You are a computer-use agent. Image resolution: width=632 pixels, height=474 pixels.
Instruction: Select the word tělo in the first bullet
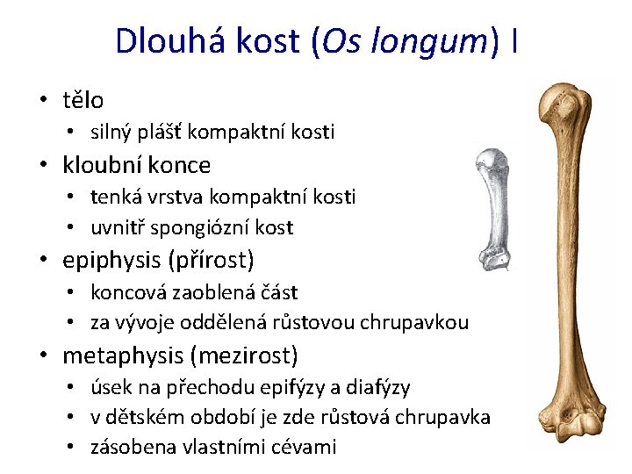click(83, 100)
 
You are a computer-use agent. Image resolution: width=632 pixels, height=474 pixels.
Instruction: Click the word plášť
click(154, 133)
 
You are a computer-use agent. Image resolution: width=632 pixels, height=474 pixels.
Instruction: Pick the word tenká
click(118, 196)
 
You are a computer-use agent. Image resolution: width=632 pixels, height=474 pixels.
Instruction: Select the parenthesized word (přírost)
click(216, 261)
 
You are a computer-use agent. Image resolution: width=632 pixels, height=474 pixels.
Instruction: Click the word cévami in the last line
click(306, 448)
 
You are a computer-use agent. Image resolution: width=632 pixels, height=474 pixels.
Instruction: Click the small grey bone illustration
click(492, 211)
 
